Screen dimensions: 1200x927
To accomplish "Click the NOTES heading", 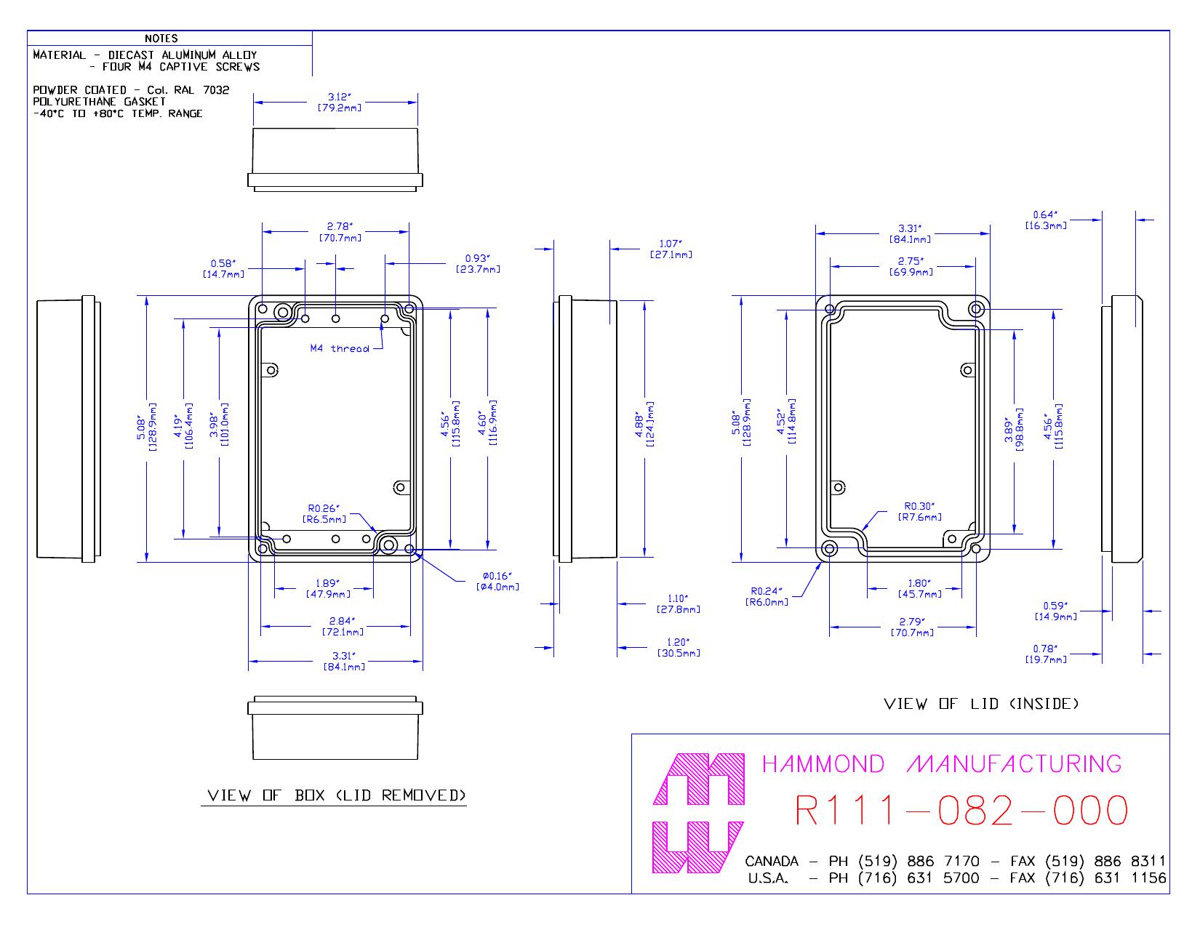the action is (161, 39).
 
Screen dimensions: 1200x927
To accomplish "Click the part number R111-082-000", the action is (961, 810).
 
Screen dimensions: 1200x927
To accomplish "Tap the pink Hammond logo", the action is (699, 813).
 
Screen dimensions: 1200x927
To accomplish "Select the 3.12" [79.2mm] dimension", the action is (339, 102).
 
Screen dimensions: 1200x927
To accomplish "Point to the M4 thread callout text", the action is (340, 348).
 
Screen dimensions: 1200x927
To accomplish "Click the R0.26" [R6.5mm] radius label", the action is (324, 514).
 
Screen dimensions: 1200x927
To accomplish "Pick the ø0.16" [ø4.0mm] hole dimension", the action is (497, 582).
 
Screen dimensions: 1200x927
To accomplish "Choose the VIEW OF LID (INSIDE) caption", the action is (981, 704).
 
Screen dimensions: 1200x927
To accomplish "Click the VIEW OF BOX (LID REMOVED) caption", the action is (336, 795).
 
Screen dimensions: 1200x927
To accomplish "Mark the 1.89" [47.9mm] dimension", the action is (328, 588).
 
